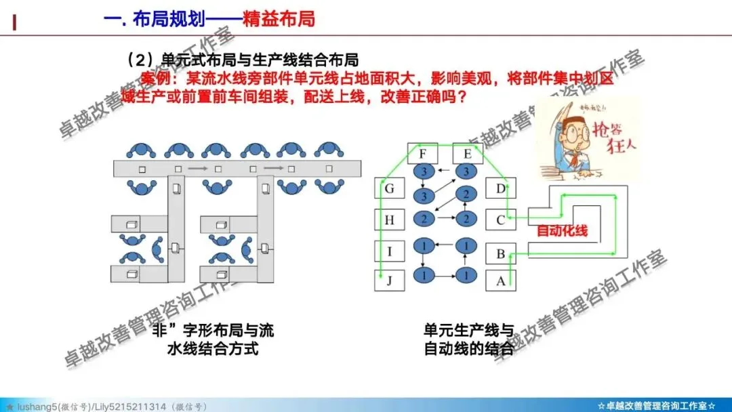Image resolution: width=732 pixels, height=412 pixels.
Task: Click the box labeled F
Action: click(x=422, y=154)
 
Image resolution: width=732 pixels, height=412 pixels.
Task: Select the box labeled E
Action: click(x=466, y=154)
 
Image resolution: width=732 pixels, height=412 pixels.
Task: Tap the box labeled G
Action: click(x=389, y=189)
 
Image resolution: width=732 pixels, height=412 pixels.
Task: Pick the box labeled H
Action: click(x=389, y=220)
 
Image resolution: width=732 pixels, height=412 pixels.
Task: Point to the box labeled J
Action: click(x=389, y=281)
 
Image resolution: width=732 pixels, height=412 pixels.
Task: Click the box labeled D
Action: click(x=501, y=188)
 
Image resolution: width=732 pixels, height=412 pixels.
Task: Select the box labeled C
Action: click(x=501, y=220)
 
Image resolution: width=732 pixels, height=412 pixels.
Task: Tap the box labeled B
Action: click(x=501, y=254)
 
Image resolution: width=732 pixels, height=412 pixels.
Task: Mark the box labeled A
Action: click(x=501, y=281)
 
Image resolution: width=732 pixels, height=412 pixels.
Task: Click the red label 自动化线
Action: click(x=562, y=231)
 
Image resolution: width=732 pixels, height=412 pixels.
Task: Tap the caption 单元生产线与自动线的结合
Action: click(x=468, y=340)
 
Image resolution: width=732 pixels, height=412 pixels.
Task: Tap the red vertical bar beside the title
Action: click(x=15, y=22)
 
